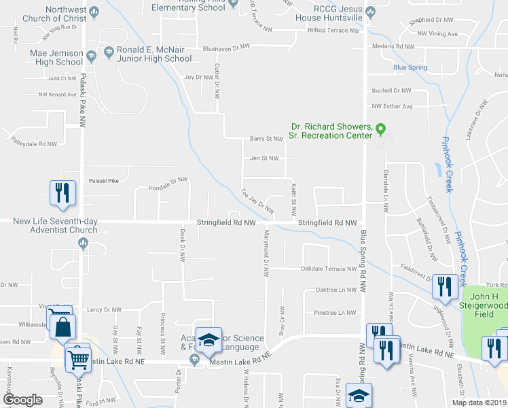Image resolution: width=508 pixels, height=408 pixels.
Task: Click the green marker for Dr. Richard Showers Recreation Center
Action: pos(381,127)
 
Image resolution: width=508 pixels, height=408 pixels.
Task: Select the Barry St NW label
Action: pos(266,139)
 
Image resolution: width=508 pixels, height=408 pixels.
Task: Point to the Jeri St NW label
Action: pos(264,158)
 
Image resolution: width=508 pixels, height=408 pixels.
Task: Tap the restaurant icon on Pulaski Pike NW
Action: pos(62,192)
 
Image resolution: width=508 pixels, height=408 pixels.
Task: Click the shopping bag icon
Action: pos(62,326)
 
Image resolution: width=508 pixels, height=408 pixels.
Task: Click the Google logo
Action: pos(22,400)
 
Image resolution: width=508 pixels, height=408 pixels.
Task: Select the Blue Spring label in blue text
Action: pos(410,68)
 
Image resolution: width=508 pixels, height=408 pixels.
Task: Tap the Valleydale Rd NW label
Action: pos(34,143)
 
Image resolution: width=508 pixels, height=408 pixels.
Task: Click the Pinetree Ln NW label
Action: pos(335,313)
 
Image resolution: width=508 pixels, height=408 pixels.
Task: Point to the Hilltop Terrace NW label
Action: pos(333,31)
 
